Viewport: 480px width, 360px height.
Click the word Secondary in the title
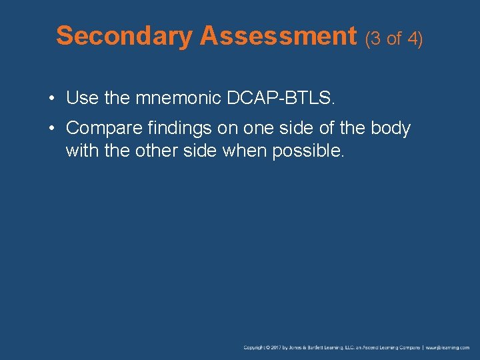[124, 36]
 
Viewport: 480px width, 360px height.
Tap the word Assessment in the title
[278, 36]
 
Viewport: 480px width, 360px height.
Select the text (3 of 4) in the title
[394, 39]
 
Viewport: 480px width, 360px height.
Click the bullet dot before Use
[51, 99]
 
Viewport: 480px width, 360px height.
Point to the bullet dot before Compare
[51, 128]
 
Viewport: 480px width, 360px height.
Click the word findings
[177, 128]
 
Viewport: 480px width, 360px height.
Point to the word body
[390, 128]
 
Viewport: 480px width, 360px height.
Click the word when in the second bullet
[246, 151]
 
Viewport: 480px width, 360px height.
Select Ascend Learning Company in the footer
[390, 347]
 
